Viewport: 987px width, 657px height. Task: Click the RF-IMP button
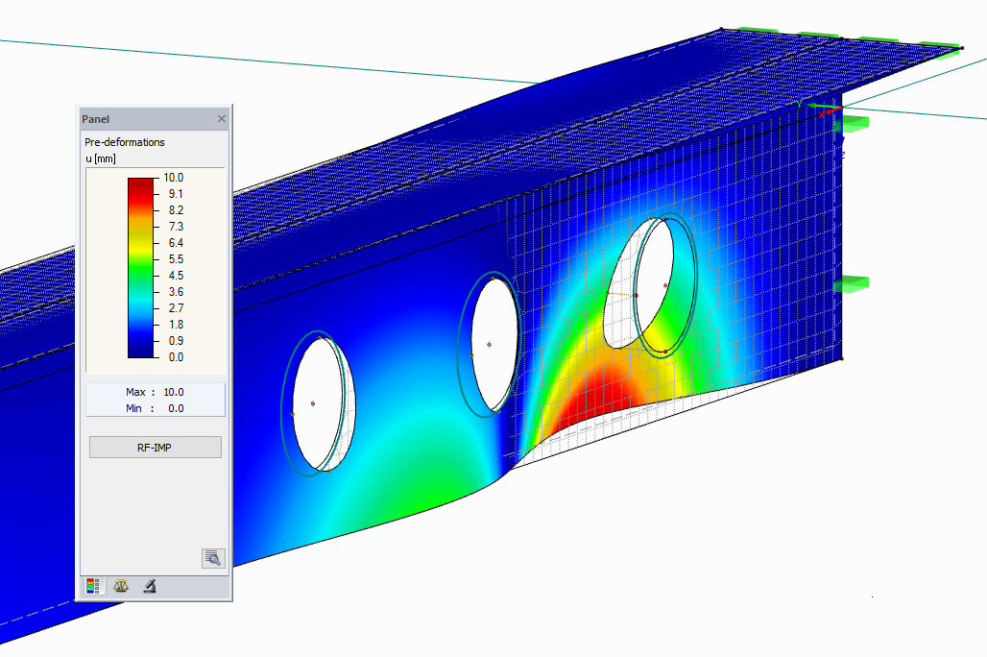(x=155, y=448)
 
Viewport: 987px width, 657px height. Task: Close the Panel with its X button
(x=222, y=119)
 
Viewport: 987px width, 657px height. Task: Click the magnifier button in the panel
(x=213, y=558)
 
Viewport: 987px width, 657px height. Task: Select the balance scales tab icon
(x=121, y=586)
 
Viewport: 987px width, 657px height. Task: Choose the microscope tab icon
(x=149, y=586)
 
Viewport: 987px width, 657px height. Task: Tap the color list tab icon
(x=93, y=586)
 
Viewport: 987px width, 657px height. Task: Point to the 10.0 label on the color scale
(x=174, y=178)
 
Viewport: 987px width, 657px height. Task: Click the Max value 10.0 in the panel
(x=174, y=392)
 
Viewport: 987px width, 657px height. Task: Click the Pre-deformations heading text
(x=125, y=142)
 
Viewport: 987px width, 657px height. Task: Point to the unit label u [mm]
(x=101, y=158)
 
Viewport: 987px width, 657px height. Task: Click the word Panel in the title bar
(x=96, y=119)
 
